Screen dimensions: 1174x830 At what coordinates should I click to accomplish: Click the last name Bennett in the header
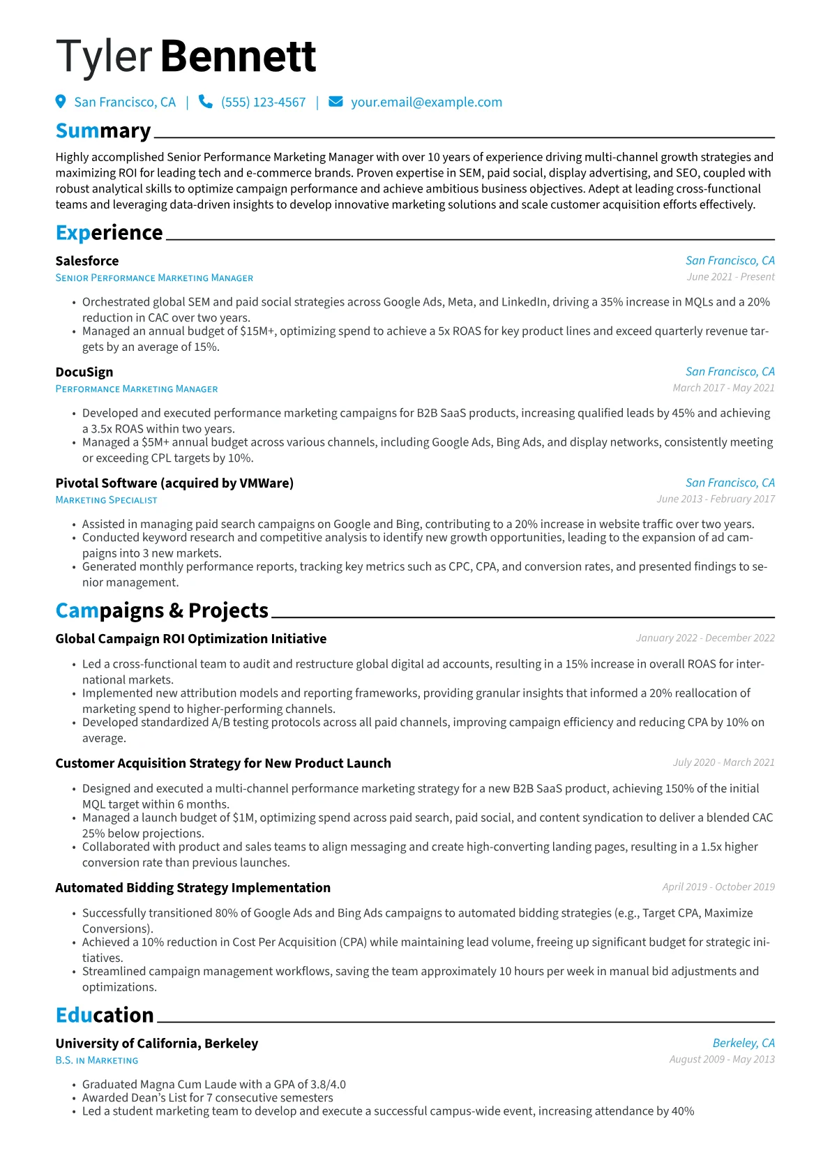click(x=239, y=57)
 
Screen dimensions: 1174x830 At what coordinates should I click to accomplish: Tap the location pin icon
click(x=61, y=102)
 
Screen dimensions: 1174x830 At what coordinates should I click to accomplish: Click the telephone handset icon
click(x=205, y=102)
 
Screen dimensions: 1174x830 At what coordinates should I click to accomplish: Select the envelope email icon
click(x=335, y=102)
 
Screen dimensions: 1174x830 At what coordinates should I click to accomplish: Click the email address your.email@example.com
click(x=426, y=102)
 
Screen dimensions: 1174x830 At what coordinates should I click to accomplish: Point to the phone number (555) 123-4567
click(x=263, y=102)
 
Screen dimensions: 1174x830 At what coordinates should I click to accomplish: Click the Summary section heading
click(x=103, y=131)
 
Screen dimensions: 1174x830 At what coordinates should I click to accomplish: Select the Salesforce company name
click(x=87, y=261)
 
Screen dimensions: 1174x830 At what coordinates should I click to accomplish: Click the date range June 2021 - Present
click(x=730, y=277)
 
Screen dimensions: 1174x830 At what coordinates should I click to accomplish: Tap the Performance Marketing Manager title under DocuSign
click(x=137, y=389)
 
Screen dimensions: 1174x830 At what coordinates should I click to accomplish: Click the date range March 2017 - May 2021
click(x=723, y=388)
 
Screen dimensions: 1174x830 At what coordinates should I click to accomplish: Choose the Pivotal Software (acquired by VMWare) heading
click(x=174, y=483)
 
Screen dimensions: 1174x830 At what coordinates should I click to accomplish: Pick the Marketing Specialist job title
click(x=106, y=500)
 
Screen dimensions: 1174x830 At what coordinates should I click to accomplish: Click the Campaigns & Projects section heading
click(x=162, y=610)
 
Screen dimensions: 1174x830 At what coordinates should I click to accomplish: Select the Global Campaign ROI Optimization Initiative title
click(x=191, y=638)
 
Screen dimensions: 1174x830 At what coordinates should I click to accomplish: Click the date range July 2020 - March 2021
click(x=723, y=762)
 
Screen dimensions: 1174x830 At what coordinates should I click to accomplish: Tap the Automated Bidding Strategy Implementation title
click(x=193, y=887)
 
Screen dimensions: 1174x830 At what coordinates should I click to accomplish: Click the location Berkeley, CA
click(x=744, y=1043)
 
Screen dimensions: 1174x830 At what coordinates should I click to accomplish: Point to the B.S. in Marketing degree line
click(x=97, y=1060)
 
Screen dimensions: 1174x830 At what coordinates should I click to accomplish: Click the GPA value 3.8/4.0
click(x=328, y=1085)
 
